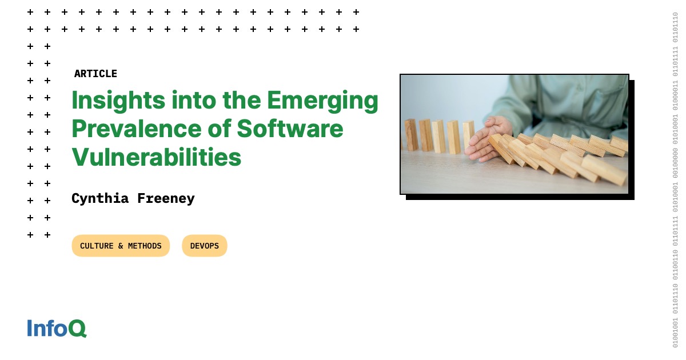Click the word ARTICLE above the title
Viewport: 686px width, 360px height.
pyautogui.click(x=95, y=74)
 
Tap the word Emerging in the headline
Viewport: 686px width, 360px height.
pyautogui.click(x=322, y=101)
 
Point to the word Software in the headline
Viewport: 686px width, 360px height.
pyautogui.click(x=290, y=129)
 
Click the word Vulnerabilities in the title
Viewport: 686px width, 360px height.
pyautogui.click(x=156, y=157)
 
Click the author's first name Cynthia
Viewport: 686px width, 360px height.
pyautogui.click(x=99, y=198)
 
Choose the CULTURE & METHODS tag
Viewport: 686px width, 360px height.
pyautogui.click(x=121, y=246)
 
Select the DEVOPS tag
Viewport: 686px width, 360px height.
pyautogui.click(x=204, y=246)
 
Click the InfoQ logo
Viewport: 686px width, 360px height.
pyautogui.click(x=57, y=329)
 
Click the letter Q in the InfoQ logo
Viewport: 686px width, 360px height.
pyautogui.click(x=78, y=329)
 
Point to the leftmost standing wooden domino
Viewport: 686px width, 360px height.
pyautogui.click(x=411, y=135)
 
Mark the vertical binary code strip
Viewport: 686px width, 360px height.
pyautogui.click(x=675, y=180)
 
